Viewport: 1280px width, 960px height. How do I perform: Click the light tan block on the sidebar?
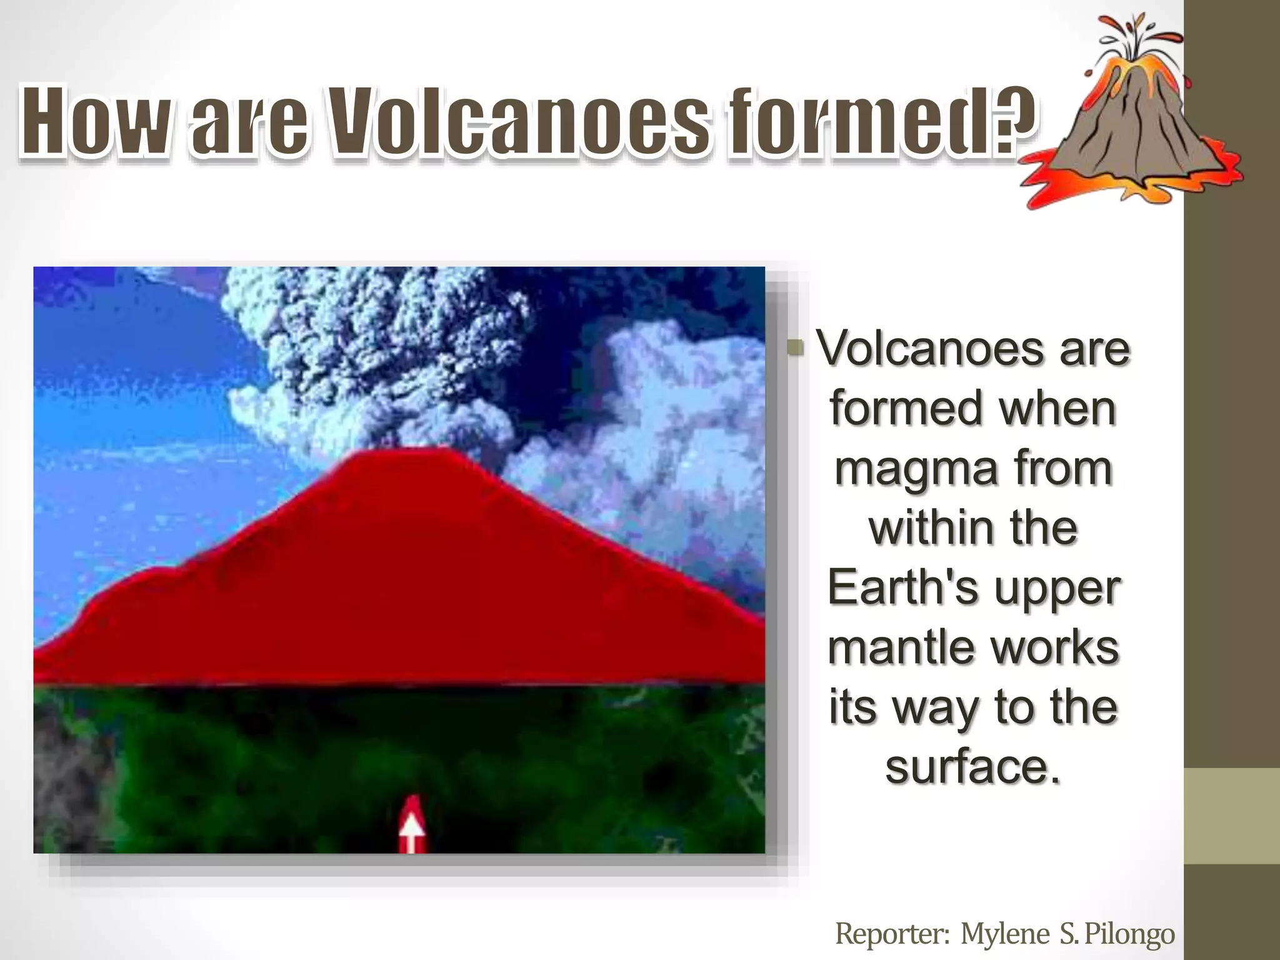click(1231, 816)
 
